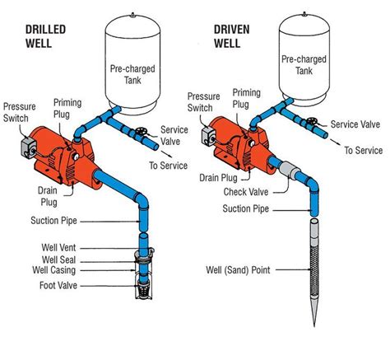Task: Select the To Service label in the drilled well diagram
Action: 167,165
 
